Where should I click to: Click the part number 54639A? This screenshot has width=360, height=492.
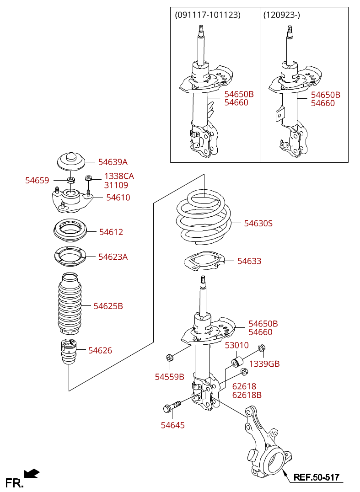113,162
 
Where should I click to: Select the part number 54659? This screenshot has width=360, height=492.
37,181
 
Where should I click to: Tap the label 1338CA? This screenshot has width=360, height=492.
119,176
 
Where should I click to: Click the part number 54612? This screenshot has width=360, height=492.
111,232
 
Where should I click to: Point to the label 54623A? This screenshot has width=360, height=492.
113,257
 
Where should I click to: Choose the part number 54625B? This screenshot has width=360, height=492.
108,306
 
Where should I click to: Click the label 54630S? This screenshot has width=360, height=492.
258,224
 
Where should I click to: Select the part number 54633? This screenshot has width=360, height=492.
249,261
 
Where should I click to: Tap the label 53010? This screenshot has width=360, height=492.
236,345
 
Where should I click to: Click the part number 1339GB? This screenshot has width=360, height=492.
264,364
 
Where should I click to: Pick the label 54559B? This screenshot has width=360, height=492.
170,377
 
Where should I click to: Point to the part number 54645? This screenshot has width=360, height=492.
172,425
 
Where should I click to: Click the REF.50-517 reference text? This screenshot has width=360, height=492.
317,477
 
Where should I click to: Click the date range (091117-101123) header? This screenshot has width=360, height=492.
208,15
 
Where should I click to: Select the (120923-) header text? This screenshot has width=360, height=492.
281,15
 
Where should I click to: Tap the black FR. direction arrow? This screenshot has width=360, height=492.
32,473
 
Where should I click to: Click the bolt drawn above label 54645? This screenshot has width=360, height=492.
172,406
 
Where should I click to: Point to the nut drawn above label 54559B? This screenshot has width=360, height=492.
169,357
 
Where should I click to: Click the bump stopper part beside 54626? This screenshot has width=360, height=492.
69,352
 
